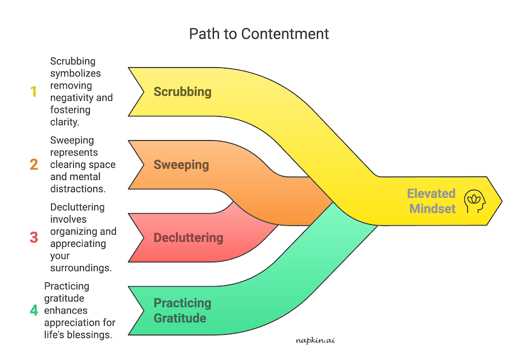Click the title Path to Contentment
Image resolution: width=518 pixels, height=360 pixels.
[x=259, y=34]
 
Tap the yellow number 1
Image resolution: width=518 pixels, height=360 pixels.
[x=33, y=91]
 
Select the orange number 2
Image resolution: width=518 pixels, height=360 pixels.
[x=33, y=165]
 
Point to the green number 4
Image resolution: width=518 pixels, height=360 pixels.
[x=33, y=311]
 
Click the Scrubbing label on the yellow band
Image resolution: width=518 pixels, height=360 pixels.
[x=182, y=92]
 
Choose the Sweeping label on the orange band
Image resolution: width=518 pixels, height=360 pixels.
[x=181, y=165]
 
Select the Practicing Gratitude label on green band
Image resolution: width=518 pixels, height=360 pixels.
[x=182, y=311]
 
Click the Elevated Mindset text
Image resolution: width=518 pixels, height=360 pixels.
[x=432, y=201]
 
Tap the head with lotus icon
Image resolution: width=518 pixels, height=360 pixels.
[x=475, y=201]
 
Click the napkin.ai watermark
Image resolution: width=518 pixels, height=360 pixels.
[x=314, y=340]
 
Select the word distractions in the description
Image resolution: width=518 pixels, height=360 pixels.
[x=77, y=189]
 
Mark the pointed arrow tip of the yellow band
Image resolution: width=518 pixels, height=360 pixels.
[x=500, y=201]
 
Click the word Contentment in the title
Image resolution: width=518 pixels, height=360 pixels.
[x=285, y=34]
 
